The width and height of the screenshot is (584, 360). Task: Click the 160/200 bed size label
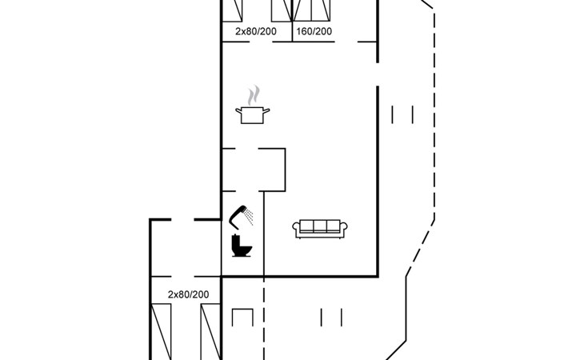coord(314,32)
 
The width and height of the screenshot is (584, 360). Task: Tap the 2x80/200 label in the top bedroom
coord(256,32)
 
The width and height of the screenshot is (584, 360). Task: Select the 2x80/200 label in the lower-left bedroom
coord(188,295)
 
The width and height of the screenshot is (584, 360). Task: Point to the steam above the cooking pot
coord(254,96)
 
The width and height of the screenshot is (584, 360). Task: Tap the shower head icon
coord(238,214)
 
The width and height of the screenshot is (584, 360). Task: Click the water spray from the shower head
coord(250,216)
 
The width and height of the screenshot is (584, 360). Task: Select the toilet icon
coord(241,246)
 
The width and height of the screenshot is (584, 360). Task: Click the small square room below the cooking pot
coord(254,169)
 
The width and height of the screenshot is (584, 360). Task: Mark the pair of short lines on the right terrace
coord(402,115)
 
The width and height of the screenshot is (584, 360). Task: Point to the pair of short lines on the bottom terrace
coord(331,317)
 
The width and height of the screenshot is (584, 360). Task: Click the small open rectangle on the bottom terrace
coord(242,317)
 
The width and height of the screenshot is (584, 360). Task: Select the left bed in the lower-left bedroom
coord(163,332)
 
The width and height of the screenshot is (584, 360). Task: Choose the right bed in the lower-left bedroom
coord(210,332)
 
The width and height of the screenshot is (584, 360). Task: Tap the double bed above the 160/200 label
coord(313,10)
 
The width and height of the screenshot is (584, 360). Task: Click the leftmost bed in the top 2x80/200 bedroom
coord(234,10)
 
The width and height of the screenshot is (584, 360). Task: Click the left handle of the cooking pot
coord(239,111)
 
